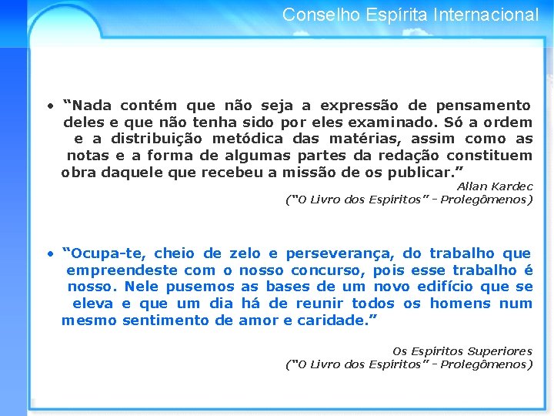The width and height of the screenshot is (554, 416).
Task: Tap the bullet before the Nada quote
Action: pyautogui.click(x=48, y=106)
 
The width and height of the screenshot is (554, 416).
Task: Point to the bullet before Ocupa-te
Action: pyautogui.click(x=48, y=253)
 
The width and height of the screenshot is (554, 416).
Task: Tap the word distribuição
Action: pyautogui.click(x=159, y=139)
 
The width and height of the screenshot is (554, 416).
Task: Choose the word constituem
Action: pyautogui.click(x=492, y=155)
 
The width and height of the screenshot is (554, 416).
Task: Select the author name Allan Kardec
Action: pyautogui.click(x=494, y=186)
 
